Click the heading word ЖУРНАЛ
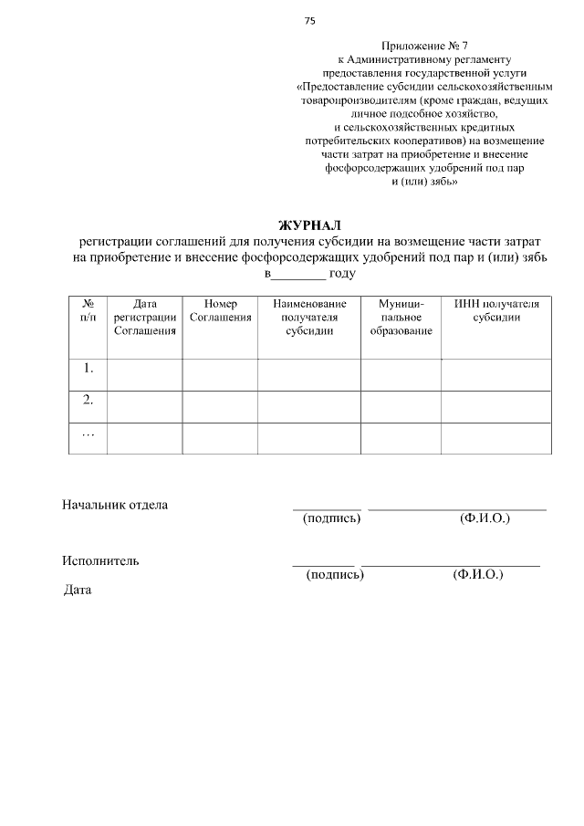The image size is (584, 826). [308, 225]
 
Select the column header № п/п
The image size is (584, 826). [89, 309]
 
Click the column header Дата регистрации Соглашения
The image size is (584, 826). [144, 317]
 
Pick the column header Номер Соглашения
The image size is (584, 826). [220, 309]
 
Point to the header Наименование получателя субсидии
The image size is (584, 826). [308, 317]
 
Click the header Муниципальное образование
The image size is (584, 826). [401, 317]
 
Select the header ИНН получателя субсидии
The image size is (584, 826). [496, 309]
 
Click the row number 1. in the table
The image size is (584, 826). [89, 369]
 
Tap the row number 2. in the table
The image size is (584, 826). [89, 400]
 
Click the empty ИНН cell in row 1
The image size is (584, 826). [496, 374]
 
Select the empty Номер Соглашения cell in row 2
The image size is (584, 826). [220, 406]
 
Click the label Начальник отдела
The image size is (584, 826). [115, 505]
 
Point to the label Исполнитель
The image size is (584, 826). [100, 560]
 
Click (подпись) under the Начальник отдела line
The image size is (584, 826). [331, 518]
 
